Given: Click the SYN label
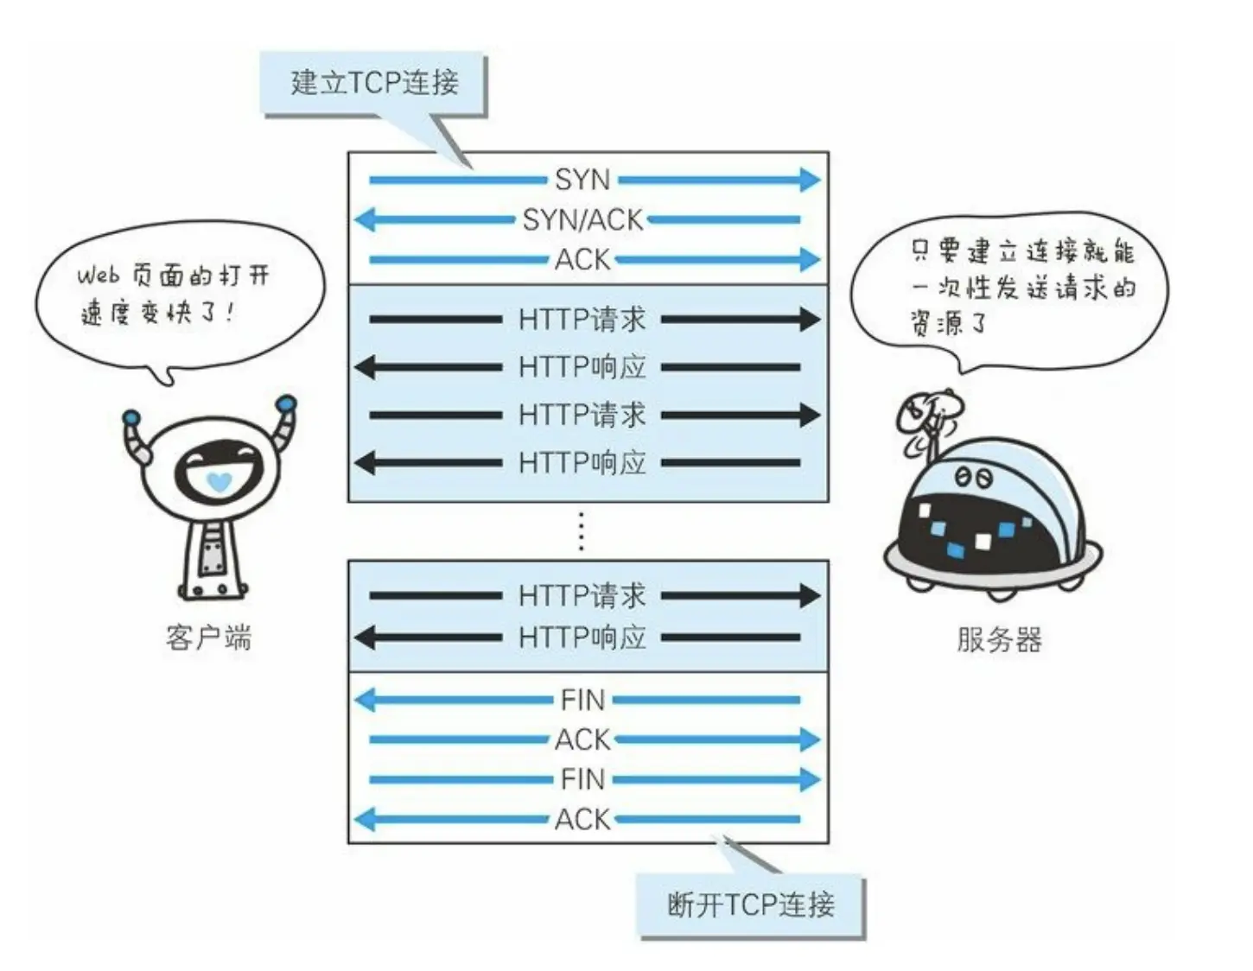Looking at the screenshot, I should click(582, 180).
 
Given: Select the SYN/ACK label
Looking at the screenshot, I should click(582, 219).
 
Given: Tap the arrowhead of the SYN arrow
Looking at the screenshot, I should click(810, 180).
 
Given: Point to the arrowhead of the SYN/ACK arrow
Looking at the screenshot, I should click(365, 219).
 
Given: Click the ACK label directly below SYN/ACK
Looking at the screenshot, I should click(582, 259).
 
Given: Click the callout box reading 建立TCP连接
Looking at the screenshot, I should click(374, 83).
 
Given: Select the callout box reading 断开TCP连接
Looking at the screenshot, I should click(750, 905).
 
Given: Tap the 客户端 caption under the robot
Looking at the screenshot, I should click(208, 638).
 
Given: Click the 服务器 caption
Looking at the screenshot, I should click(999, 640).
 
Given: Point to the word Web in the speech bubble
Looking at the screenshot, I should click(98, 276).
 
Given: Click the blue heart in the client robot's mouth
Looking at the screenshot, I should click(219, 481).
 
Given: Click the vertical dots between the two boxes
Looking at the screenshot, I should click(581, 530).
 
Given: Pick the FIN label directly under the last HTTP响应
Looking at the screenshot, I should click(582, 700).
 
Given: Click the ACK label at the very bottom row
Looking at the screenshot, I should click(582, 819).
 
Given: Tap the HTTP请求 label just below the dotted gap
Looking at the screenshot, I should click(582, 595).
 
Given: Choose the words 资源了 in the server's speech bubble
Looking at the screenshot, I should click(948, 324).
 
